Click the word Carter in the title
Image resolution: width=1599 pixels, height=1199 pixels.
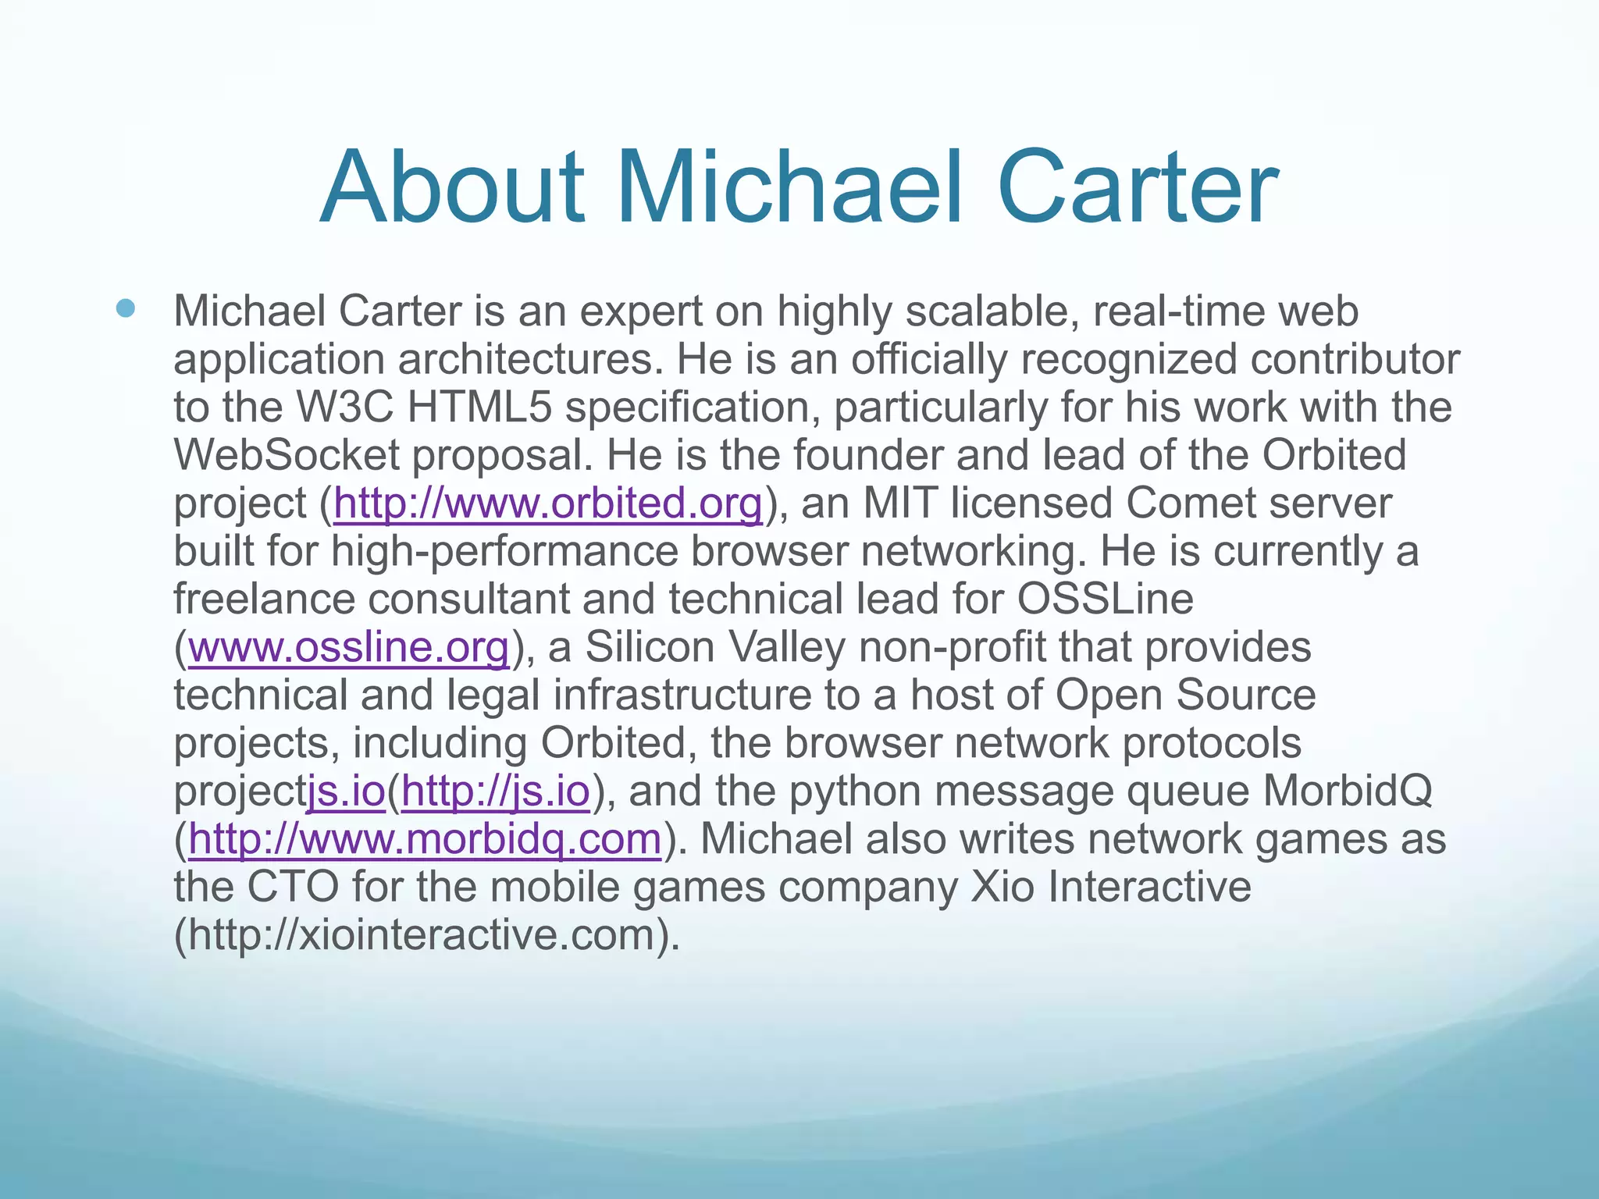point(1138,189)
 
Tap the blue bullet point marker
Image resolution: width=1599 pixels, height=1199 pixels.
point(125,309)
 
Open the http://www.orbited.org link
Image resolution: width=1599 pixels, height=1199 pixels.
point(548,503)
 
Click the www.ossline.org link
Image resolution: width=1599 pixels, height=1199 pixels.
point(349,648)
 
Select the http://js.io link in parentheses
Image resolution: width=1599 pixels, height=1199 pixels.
point(495,792)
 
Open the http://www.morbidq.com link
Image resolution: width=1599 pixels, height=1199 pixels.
point(425,840)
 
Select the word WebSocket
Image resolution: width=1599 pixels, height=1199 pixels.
point(287,456)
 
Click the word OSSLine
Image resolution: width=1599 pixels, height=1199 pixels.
point(1105,599)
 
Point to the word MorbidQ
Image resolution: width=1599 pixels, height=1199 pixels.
point(1348,792)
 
